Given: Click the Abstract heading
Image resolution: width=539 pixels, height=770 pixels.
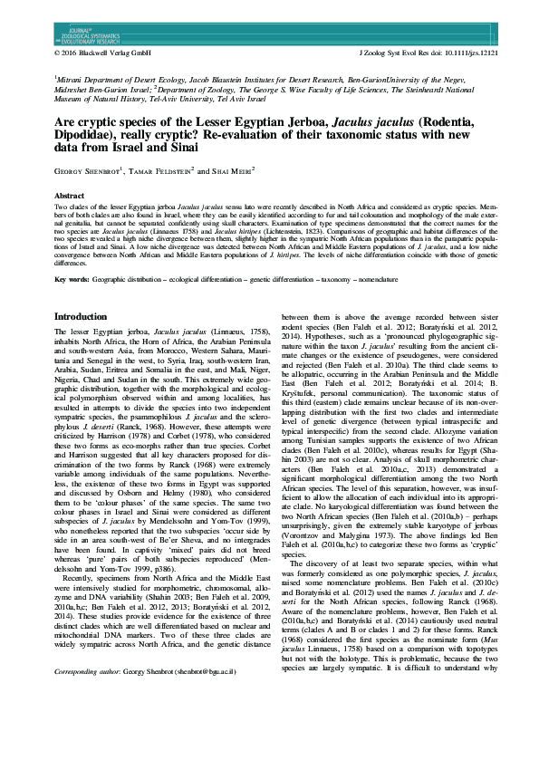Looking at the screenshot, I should pos(70,196).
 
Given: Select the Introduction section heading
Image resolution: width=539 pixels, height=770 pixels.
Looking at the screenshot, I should pos(92,317).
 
